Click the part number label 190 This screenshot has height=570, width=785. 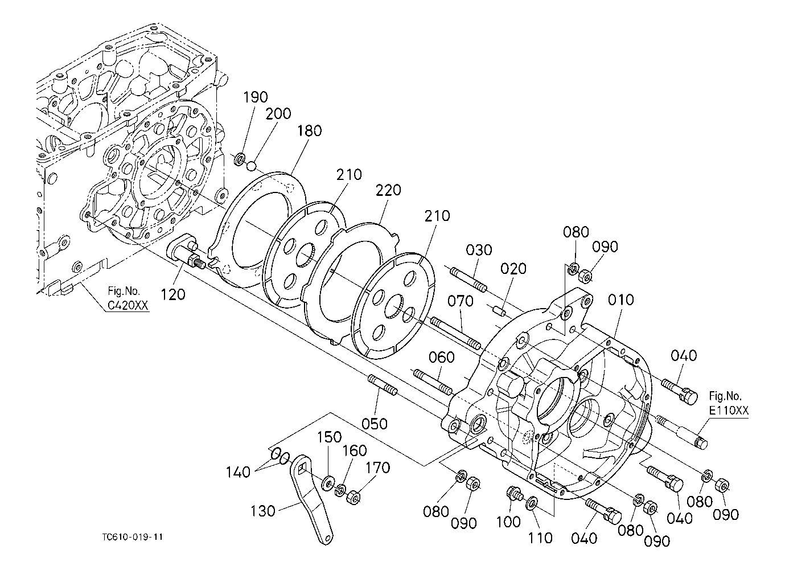click(256, 97)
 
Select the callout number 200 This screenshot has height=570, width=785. click(278, 113)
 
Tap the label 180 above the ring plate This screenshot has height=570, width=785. click(310, 131)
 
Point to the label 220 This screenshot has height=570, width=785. click(388, 190)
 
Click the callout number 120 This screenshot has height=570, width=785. click(173, 294)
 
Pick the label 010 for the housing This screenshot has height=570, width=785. click(621, 300)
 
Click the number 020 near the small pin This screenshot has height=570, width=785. click(513, 269)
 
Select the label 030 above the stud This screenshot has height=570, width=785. click(479, 250)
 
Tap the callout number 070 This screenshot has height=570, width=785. click(461, 301)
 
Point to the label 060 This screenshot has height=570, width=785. click(442, 358)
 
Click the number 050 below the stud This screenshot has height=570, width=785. click(374, 424)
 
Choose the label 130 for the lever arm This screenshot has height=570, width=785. click(262, 511)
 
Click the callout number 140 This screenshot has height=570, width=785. click(238, 472)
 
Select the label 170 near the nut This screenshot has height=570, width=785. click(378, 468)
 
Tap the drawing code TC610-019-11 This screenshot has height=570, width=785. click(133, 537)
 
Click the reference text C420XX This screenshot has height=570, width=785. click(128, 306)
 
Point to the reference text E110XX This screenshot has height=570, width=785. click(729, 411)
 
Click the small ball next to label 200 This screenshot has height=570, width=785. click(252, 165)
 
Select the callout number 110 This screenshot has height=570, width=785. click(540, 538)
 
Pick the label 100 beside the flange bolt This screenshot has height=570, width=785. click(508, 522)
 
